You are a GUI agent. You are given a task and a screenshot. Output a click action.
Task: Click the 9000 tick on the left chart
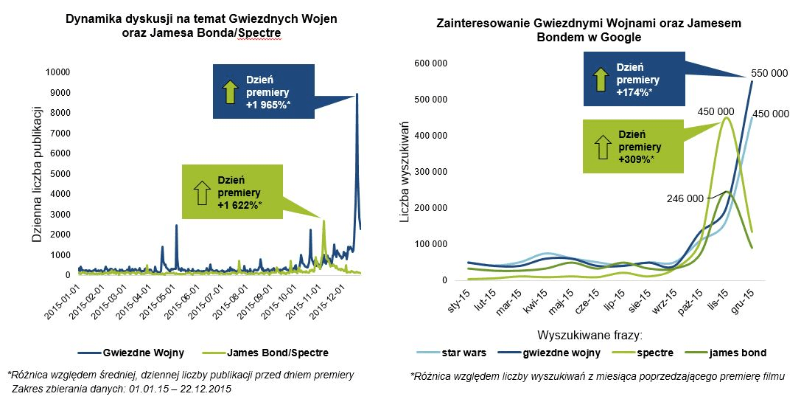[59, 92]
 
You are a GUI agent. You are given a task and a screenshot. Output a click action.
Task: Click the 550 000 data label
[769, 74]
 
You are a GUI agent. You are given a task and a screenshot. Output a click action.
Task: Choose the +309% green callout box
[628, 147]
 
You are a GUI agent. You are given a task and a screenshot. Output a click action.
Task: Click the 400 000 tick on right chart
[430, 136]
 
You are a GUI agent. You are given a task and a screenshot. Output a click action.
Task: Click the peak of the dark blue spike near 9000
[357, 94]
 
